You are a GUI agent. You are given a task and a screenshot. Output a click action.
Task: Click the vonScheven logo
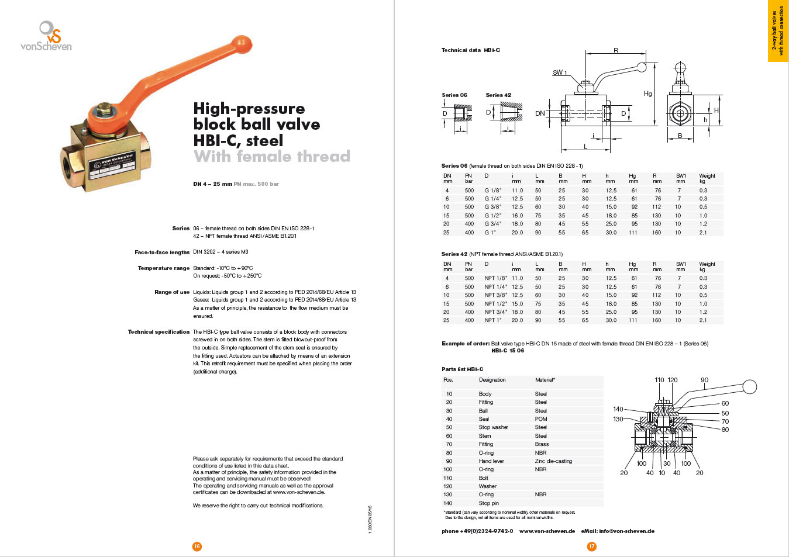[x=46, y=36]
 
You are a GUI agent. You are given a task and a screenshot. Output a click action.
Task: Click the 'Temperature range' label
[x=164, y=268]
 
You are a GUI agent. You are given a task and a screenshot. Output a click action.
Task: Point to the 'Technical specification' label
[x=159, y=332]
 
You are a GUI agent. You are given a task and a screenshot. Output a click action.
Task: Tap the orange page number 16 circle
[x=197, y=546]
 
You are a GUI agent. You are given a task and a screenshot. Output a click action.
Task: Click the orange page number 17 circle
[x=592, y=546]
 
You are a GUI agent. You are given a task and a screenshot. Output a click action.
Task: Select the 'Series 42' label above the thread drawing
[x=498, y=95]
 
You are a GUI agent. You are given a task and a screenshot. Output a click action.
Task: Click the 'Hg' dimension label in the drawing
[x=647, y=94]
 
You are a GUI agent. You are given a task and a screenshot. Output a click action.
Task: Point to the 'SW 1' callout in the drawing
[x=560, y=72]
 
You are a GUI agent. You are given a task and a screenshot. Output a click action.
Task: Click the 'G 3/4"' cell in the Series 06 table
[x=493, y=224]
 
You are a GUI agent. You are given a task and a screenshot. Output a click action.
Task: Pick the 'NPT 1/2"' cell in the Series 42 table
[x=495, y=304]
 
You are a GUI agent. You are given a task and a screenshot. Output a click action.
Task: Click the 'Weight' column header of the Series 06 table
[x=707, y=176]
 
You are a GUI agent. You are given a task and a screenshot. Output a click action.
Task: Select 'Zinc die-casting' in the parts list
[x=553, y=461]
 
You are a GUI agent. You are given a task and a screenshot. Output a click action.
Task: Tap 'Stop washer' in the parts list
[x=493, y=427]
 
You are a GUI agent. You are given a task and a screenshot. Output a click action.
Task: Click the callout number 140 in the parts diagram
[x=618, y=409]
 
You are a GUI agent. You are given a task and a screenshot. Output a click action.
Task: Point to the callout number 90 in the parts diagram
[x=704, y=380]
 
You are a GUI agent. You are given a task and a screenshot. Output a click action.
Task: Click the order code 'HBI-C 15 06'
[x=508, y=351]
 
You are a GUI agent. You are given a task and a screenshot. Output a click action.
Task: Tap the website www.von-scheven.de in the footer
[x=547, y=531]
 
